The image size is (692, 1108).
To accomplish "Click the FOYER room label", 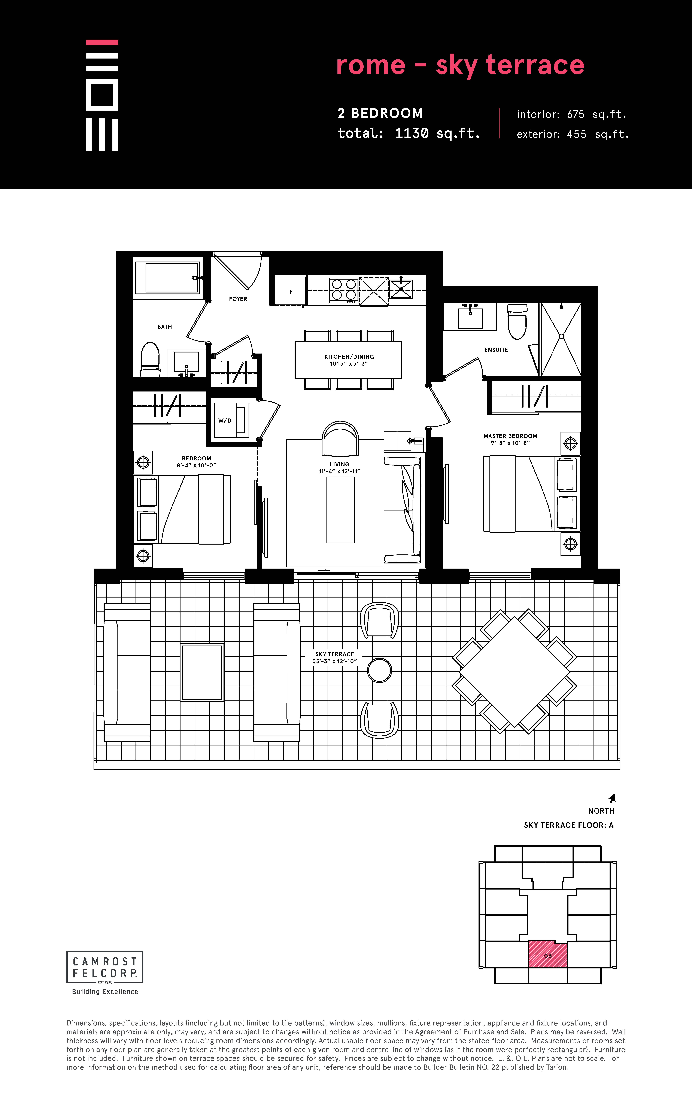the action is click(x=238, y=299).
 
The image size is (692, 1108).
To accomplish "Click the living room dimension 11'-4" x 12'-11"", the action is click(x=340, y=471).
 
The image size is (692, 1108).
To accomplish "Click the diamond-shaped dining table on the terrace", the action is click(x=514, y=671).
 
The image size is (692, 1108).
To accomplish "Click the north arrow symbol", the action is click(x=612, y=798).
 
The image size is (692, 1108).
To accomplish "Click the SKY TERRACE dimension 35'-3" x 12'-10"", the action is click(x=335, y=661).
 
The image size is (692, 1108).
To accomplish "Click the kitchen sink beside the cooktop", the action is click(x=401, y=289).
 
